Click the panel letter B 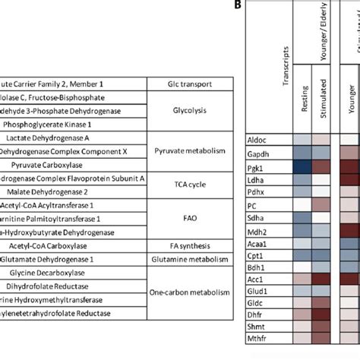(238, 5)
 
